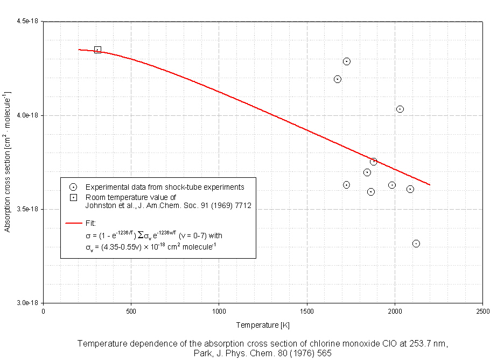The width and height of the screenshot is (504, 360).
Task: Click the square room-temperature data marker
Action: click(97, 50)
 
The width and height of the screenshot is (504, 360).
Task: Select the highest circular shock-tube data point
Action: click(347, 61)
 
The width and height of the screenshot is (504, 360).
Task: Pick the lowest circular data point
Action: click(416, 244)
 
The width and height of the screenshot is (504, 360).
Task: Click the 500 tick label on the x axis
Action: click(131, 311)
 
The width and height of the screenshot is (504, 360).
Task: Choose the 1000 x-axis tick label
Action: click(219, 311)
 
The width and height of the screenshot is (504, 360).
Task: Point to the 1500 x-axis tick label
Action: click(307, 311)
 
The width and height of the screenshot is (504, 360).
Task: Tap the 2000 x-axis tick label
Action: click(395, 311)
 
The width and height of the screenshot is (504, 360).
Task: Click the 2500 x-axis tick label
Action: click(482, 311)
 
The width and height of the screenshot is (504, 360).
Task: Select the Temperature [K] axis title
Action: click(263, 325)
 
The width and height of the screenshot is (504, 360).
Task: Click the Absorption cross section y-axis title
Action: click(8, 162)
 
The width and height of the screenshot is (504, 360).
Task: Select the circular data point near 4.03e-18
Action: click(400, 109)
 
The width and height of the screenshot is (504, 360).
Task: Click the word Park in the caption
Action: click(203, 354)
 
